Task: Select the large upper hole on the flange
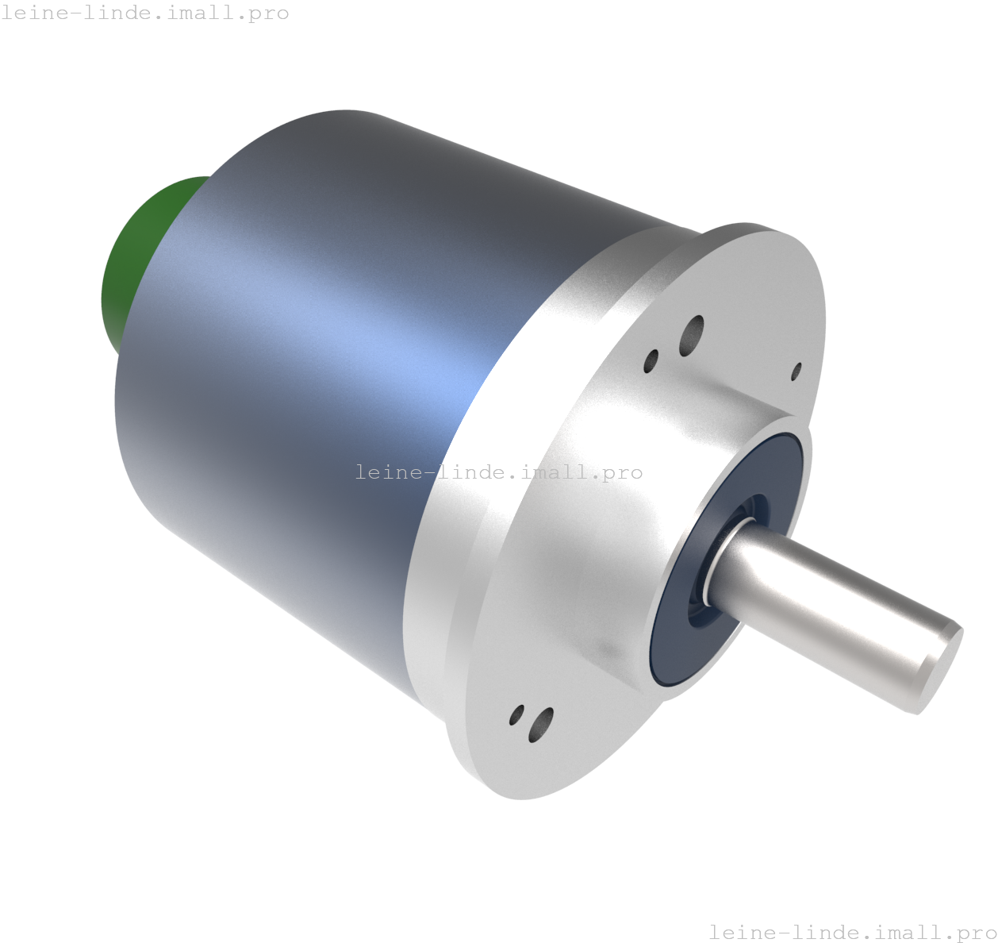692,336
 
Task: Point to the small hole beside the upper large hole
651,360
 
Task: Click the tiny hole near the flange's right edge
796,371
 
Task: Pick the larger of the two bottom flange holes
540,725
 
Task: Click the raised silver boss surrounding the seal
619,556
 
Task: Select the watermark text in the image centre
498,472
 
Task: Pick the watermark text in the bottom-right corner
852,931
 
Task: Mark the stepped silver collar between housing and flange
508,445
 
